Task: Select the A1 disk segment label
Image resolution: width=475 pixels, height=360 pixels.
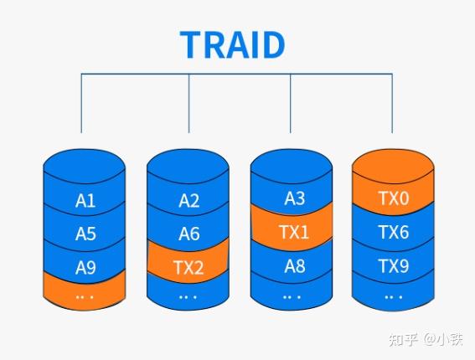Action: point(85,201)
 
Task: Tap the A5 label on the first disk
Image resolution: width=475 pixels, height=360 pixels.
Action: point(85,234)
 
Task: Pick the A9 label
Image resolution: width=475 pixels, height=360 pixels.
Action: point(85,269)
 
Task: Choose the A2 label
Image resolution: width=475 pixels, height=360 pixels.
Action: point(189,201)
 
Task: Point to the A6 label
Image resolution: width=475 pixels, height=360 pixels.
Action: point(189,234)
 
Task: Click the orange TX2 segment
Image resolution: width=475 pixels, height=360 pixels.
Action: point(189,269)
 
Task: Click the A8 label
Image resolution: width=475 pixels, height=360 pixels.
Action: point(294,267)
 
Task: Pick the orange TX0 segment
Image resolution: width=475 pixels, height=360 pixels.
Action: point(394,198)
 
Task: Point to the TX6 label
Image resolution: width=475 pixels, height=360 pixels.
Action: point(393,232)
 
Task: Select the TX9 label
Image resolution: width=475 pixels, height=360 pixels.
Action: point(393,267)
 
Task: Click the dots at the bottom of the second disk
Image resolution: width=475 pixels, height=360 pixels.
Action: point(188,296)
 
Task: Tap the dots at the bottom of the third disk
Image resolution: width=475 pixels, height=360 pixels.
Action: point(292,296)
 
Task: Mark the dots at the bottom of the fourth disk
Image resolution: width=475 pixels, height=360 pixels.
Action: point(393,296)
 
